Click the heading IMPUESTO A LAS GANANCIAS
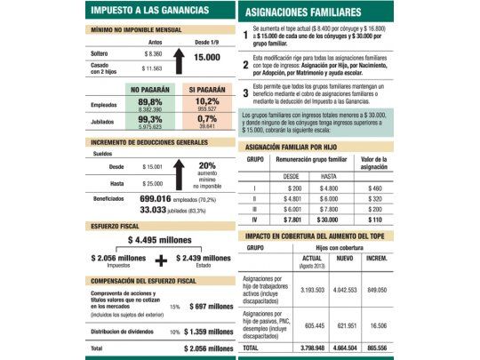[x=150, y=10]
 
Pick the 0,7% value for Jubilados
[x=207, y=119]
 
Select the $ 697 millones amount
[x=211, y=307]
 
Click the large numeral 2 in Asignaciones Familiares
[x=245, y=66]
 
